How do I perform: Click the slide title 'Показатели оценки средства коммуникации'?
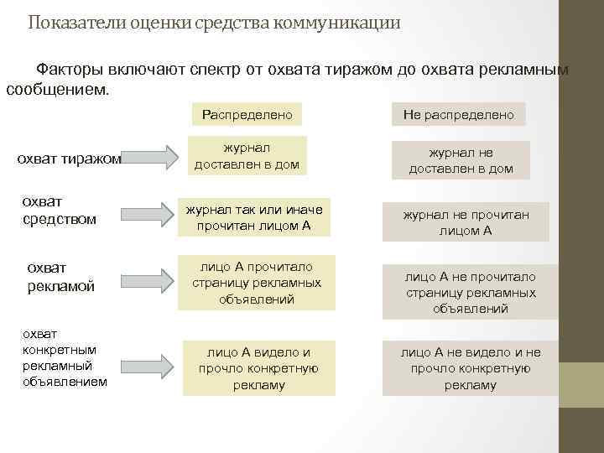pyautogui.click(x=214, y=23)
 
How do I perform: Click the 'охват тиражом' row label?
pyautogui.click(x=70, y=159)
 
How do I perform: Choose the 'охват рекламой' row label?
pyautogui.click(x=60, y=277)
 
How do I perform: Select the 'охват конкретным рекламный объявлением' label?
pyautogui.click(x=65, y=357)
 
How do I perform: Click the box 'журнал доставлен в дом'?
pyautogui.click(x=247, y=156)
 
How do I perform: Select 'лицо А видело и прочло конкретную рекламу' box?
pyautogui.click(x=258, y=368)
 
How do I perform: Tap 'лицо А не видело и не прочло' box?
pyautogui.click(x=470, y=368)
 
